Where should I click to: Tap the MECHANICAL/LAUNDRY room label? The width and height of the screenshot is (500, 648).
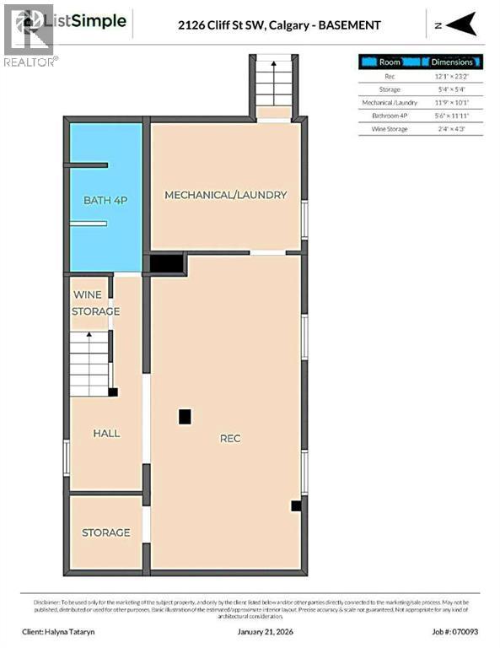click(x=225, y=195)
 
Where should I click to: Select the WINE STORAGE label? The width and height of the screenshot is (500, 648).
click(x=96, y=303)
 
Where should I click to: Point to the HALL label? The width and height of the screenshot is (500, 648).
click(x=106, y=433)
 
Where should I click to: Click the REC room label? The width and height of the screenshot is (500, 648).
click(x=230, y=438)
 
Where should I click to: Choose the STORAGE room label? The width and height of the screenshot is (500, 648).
click(x=105, y=532)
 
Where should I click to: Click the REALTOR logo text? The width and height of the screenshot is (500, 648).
click(x=30, y=62)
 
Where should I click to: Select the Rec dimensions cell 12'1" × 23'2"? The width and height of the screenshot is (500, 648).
click(x=451, y=76)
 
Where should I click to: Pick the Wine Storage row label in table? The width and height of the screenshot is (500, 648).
click(x=390, y=129)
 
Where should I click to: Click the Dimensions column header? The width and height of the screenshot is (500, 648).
click(x=452, y=62)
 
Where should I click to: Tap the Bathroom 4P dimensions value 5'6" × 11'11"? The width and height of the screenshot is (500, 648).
click(x=451, y=116)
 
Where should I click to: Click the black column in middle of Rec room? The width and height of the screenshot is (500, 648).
click(x=185, y=416)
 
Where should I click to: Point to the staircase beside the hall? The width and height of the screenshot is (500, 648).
click(x=90, y=363)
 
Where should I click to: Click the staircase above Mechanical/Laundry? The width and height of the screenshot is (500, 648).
click(x=272, y=84)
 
